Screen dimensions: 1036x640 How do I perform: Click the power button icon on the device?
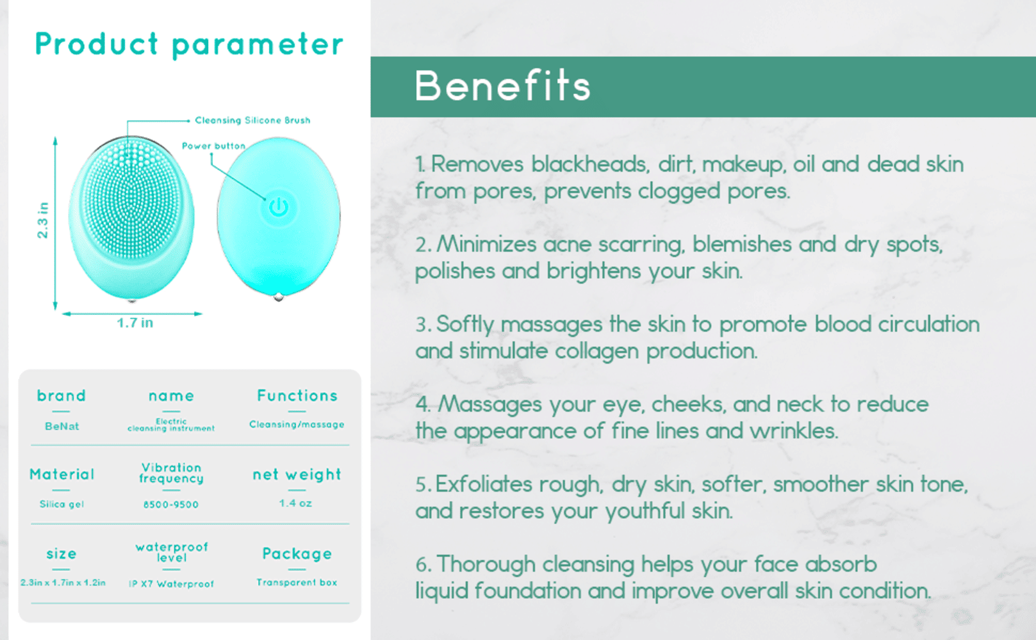pyautogui.click(x=279, y=207)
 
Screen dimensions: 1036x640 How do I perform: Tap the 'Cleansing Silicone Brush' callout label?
pyautogui.click(x=252, y=120)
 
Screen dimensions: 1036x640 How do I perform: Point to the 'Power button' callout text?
pyautogui.click(x=214, y=146)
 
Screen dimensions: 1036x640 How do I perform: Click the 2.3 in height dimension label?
pyautogui.click(x=42, y=220)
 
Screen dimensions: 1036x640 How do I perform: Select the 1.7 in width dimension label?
pyautogui.click(x=135, y=323)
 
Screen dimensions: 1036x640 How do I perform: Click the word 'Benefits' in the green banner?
pyautogui.click(x=502, y=86)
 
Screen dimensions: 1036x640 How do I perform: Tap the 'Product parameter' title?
pyautogui.click(x=189, y=45)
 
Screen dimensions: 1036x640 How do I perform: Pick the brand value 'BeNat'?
pyautogui.click(x=62, y=426)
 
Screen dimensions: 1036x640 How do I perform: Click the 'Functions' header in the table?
pyautogui.click(x=297, y=396)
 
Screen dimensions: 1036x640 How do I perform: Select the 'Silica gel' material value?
pyautogui.click(x=62, y=504)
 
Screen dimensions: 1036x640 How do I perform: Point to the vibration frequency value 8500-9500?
pyautogui.click(x=171, y=504)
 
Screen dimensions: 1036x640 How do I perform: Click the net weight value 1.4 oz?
pyautogui.click(x=295, y=503)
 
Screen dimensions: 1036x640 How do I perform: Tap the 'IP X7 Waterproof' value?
pyautogui.click(x=171, y=584)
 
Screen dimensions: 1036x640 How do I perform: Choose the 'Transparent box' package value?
pyautogui.click(x=297, y=582)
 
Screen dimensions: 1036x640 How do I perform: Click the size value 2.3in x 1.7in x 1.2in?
pyautogui.click(x=63, y=582)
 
